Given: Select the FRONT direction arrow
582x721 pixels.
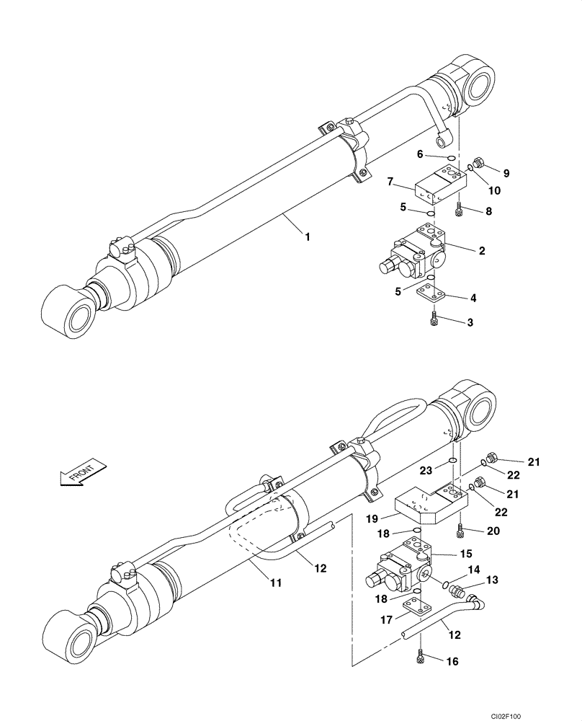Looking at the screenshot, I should click(x=80, y=474).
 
